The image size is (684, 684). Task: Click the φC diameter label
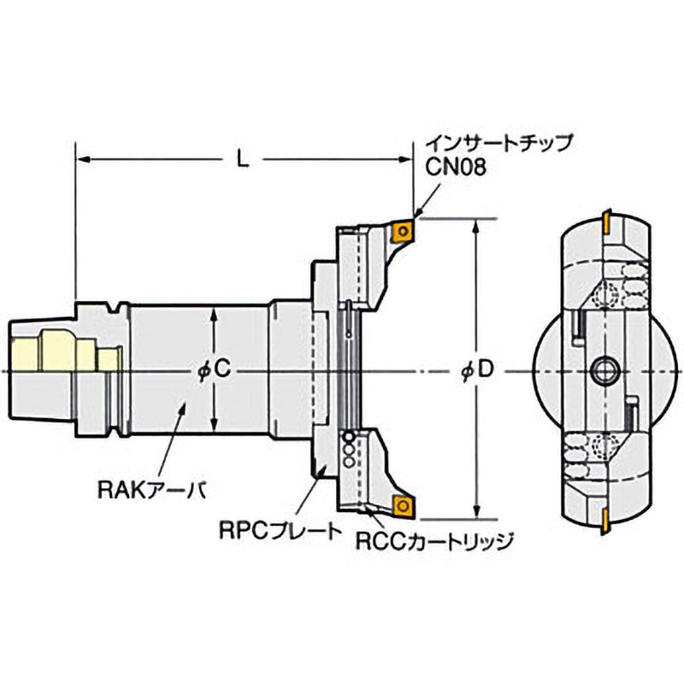(211, 370)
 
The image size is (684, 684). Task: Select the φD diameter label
(476, 370)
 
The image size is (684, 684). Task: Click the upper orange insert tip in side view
(401, 231)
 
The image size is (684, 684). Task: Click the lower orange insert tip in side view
(401, 506)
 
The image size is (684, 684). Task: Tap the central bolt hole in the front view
(603, 370)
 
